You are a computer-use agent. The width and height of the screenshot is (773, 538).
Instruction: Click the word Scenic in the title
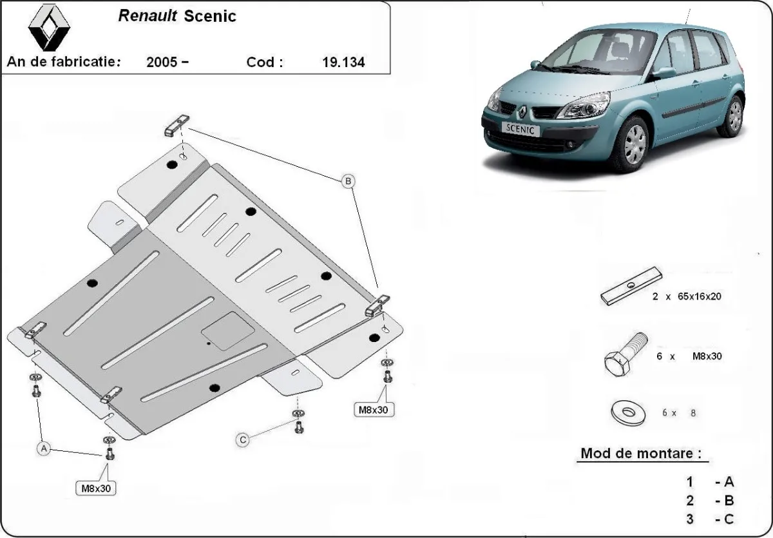pos(210,16)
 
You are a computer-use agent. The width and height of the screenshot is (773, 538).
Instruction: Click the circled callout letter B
pos(348,182)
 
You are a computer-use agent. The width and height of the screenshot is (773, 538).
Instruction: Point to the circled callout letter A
pos(44,448)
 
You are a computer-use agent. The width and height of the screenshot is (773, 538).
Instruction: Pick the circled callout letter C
pos(243,439)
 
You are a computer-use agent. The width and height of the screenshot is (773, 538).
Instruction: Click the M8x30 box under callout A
pos(97,488)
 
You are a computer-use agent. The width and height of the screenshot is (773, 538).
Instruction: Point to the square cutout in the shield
pos(227,332)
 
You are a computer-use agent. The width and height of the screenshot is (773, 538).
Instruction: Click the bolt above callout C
pos(298,425)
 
